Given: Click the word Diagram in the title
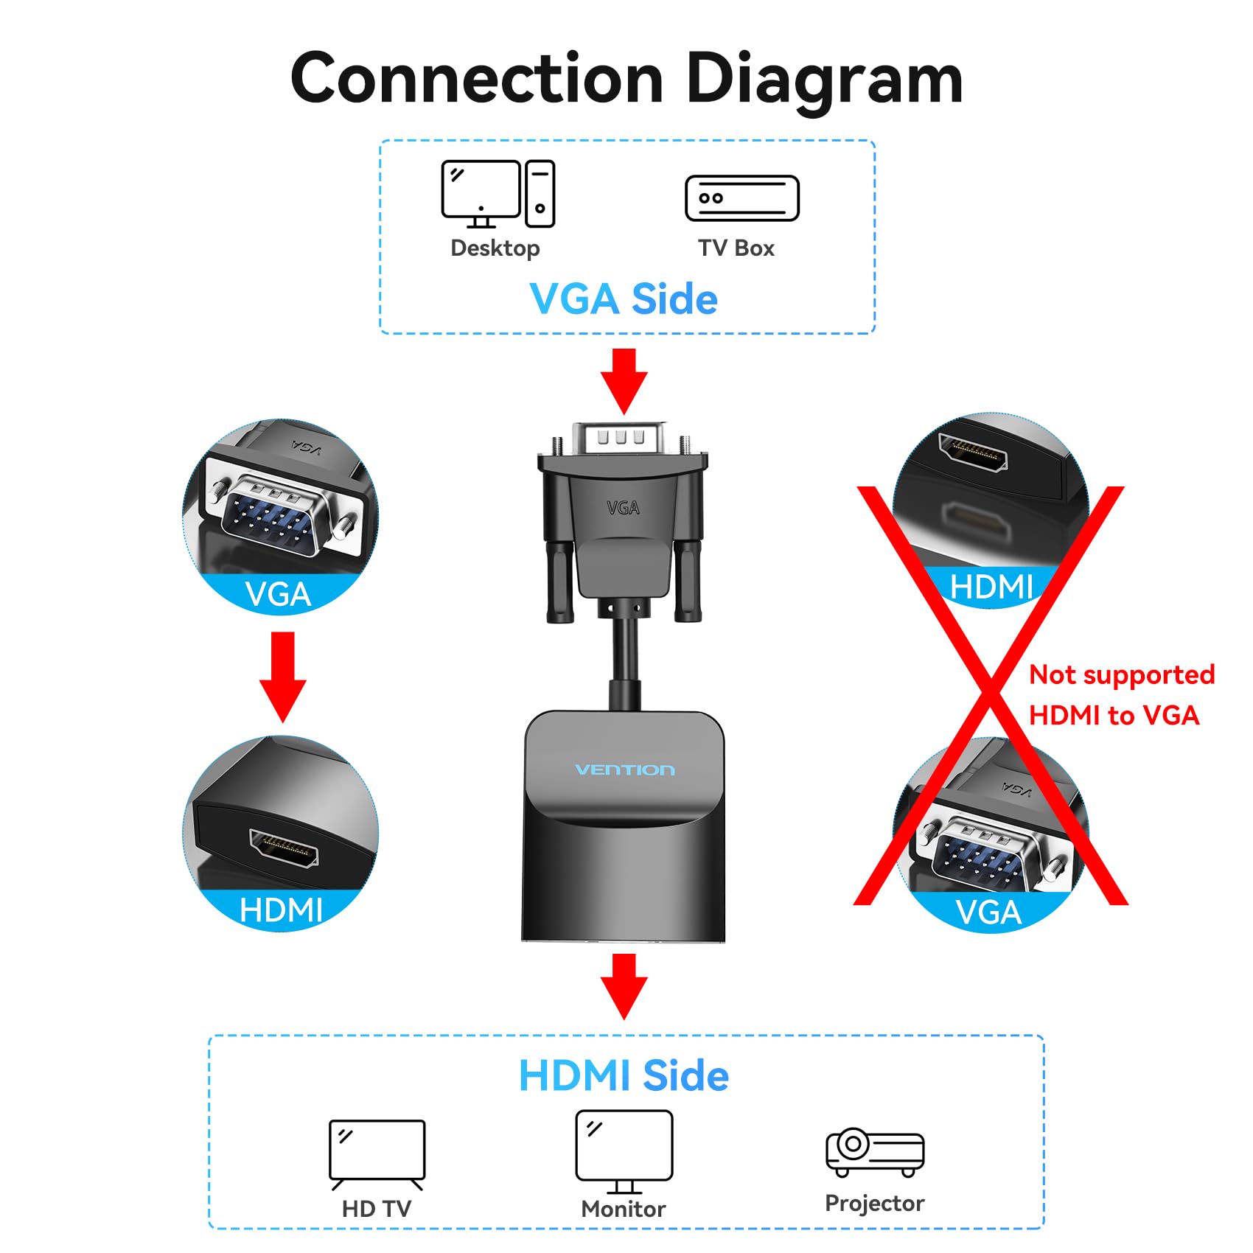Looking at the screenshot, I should coord(823,80).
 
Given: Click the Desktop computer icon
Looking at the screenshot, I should coord(498,193).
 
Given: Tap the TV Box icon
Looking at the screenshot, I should coord(741,198).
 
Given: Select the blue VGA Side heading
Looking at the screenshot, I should coord(624,299).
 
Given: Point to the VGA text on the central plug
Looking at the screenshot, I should coord(623,508).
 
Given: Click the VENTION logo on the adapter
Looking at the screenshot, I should coord(624,769).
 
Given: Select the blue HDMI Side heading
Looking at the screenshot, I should coord(624,1075).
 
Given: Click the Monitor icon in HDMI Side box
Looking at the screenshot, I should coord(624,1150).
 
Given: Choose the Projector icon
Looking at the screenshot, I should coord(874,1151).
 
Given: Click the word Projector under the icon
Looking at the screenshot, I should coord(874,1203).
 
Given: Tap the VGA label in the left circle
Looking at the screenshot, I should coord(278,594).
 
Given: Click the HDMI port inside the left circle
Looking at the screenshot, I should coord(284,848).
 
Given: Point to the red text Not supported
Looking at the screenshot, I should coord(1121,674).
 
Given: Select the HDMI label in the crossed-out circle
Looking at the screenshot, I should coord(991,587).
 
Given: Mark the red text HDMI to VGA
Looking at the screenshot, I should coord(1114,715).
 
